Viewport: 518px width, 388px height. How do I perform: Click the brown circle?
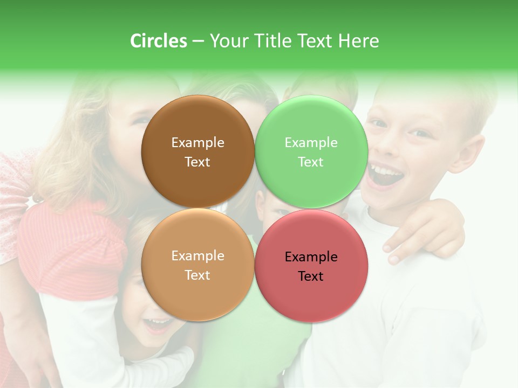tap(197, 152)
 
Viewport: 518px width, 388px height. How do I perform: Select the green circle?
tap(311, 152)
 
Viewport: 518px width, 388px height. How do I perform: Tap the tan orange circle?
tap(197, 265)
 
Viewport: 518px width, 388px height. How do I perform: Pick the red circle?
tap(311, 266)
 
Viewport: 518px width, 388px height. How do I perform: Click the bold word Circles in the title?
tap(158, 40)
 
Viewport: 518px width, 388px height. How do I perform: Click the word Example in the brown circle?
tap(197, 142)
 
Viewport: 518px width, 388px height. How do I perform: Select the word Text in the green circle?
tap(311, 162)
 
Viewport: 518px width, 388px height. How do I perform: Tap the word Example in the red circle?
tap(311, 257)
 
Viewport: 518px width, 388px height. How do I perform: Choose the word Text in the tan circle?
tap(197, 275)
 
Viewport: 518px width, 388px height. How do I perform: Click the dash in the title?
tap(198, 41)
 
